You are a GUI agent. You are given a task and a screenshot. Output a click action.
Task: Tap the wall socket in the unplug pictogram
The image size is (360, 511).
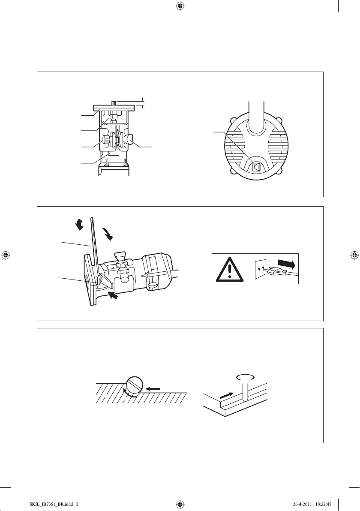(261, 269)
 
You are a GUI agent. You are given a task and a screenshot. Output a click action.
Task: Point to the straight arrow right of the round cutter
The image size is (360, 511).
(153, 388)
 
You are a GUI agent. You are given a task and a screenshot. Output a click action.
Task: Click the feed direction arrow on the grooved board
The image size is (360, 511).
(227, 396)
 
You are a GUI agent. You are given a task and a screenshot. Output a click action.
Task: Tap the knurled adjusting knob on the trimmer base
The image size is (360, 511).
(107, 141)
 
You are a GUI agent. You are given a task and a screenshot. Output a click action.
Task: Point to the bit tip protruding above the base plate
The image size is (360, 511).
(114, 103)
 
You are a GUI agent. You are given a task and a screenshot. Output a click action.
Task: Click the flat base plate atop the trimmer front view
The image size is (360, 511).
(114, 107)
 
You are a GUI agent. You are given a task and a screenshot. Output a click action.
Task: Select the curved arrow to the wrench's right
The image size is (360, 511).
(107, 234)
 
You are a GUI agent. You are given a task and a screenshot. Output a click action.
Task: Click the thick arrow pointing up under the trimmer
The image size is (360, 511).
(113, 296)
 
